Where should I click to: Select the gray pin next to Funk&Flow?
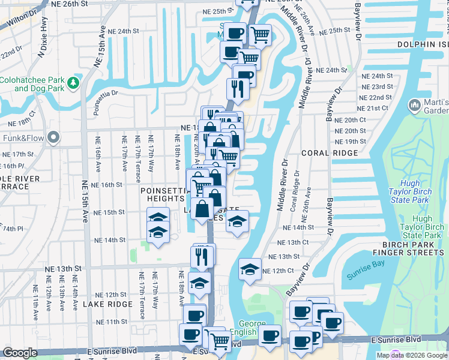53,138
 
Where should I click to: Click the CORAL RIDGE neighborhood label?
325,153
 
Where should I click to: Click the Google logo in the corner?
20,353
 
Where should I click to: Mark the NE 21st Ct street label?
377,108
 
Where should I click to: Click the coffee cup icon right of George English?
270,335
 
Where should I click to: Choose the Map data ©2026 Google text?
411,355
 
